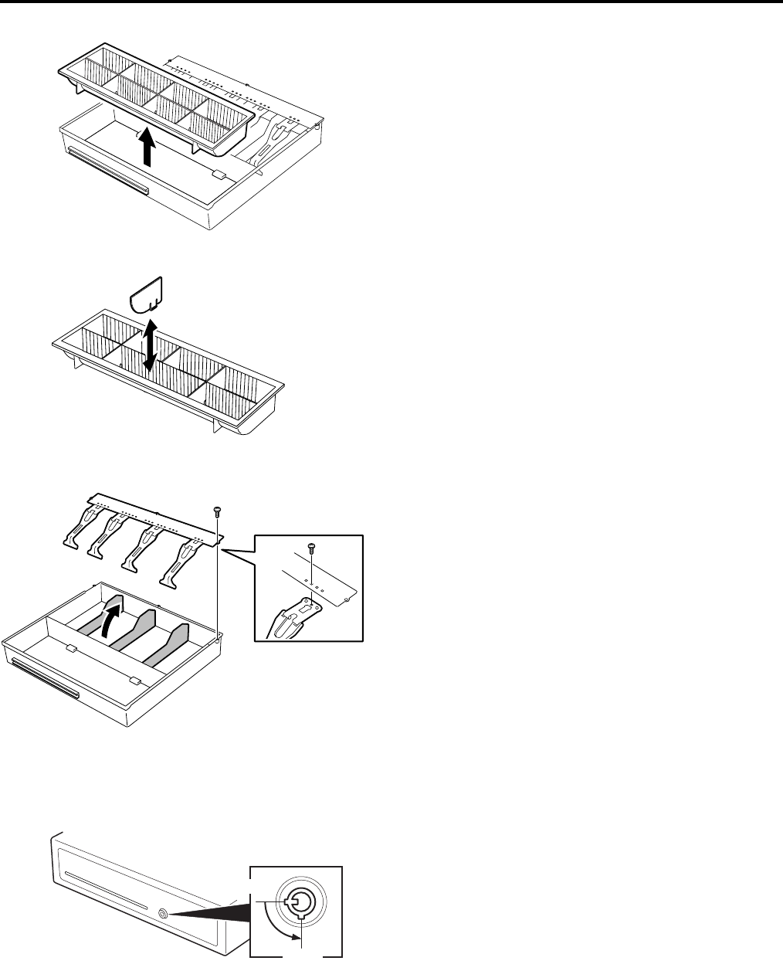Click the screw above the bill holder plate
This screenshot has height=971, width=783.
click(x=217, y=510)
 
